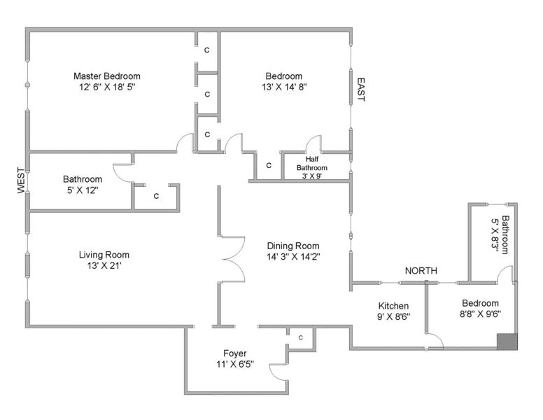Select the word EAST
click(360, 90)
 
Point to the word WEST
click(20, 181)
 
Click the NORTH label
click(421, 271)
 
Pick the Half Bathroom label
click(311, 163)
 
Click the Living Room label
click(104, 255)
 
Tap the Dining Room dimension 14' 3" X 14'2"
click(293, 257)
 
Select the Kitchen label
click(393, 306)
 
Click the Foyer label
click(234, 353)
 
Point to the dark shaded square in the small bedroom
click(507, 341)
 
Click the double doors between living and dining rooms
click(233, 258)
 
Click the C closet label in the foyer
click(301, 338)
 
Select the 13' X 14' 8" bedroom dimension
click(284, 87)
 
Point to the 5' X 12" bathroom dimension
click(82, 190)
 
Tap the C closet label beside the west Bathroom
click(156, 196)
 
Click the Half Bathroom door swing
click(313, 143)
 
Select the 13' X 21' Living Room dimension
click(104, 266)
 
